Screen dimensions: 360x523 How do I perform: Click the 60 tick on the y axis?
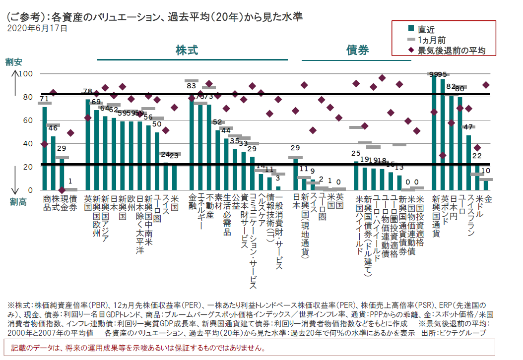pos(27,120)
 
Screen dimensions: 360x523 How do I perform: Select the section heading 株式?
pos(187,50)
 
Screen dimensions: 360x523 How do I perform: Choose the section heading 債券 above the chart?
pos(357,50)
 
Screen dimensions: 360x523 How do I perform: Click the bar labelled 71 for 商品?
pos(45,149)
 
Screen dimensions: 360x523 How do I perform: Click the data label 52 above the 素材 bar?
pos(217,122)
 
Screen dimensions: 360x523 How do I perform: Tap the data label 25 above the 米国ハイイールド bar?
pos(355,154)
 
